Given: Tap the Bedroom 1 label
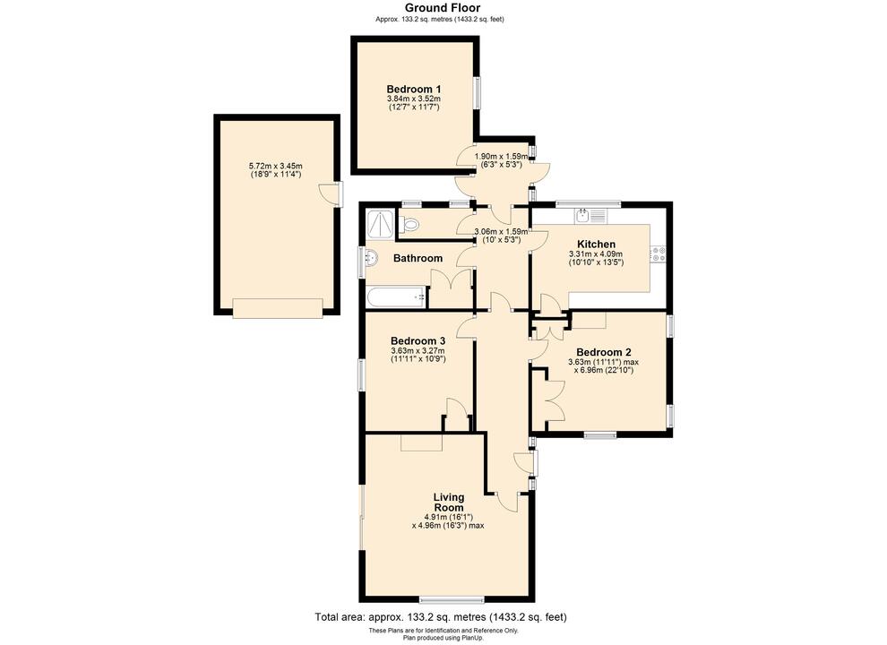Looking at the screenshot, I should (x=414, y=89).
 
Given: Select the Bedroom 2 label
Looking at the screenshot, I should (x=605, y=352).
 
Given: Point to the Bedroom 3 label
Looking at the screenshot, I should (x=418, y=340).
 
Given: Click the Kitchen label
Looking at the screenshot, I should (x=596, y=245).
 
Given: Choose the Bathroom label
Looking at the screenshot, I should (x=418, y=259).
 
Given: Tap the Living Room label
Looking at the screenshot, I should (x=449, y=503).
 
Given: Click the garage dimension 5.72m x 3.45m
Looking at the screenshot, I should (x=276, y=166).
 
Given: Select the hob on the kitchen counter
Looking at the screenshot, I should (x=659, y=254).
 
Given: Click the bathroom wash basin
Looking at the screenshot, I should (x=372, y=260).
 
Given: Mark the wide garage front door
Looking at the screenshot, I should (x=277, y=309).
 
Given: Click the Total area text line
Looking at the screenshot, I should (x=441, y=617).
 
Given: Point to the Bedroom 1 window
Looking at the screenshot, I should (x=477, y=91).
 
